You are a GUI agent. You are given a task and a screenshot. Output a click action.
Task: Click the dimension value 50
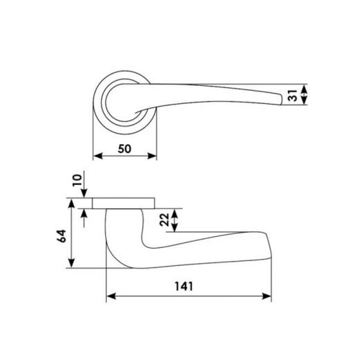pyautogui.click(x=125, y=149)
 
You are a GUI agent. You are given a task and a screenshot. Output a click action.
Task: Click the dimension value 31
pyautogui.click(x=293, y=95)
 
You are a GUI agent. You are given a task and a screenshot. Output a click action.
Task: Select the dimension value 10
pyautogui.click(x=78, y=180)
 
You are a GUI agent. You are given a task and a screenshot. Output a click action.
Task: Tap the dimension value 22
pyautogui.click(x=165, y=219)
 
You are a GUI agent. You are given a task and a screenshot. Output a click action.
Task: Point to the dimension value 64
pyautogui.click(x=62, y=236)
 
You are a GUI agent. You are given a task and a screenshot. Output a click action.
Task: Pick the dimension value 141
pyautogui.click(x=183, y=287)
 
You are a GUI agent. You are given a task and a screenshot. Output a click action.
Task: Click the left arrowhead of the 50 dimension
pyautogui.click(x=98, y=156)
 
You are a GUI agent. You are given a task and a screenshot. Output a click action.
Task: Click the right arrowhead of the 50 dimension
pyautogui.click(x=152, y=156)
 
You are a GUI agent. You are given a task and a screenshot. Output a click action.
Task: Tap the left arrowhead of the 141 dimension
pyautogui.click(x=111, y=296)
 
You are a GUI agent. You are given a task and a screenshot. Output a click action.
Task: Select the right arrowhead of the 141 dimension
pyautogui.click(x=267, y=296)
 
